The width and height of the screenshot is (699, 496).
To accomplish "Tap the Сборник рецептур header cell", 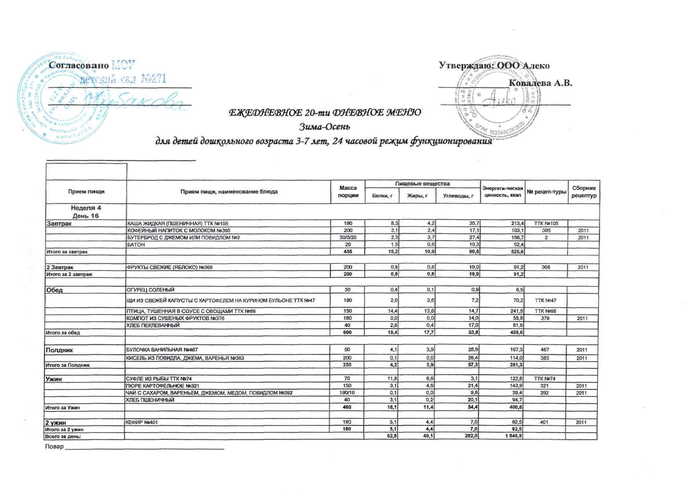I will (x=584, y=192).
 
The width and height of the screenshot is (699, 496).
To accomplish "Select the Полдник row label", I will (x=60, y=350).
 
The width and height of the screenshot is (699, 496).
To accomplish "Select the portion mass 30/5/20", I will (x=348, y=238).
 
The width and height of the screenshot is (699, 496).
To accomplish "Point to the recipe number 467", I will (x=545, y=350).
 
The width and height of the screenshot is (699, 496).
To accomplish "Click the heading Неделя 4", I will (x=86, y=208).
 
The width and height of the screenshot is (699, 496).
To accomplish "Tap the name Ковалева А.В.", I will (x=540, y=83).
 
